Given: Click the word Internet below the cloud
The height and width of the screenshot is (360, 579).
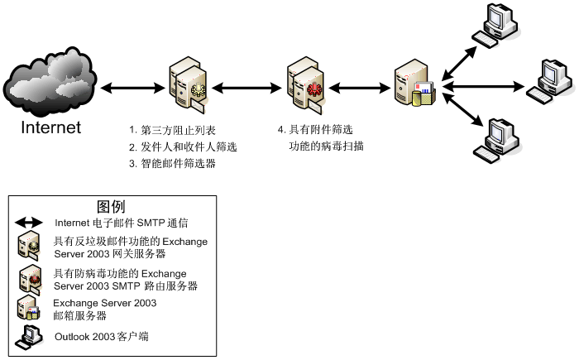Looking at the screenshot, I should (51, 127).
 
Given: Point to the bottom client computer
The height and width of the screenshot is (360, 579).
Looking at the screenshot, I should (500, 138).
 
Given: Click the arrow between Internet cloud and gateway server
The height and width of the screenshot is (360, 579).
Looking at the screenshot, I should (128, 86).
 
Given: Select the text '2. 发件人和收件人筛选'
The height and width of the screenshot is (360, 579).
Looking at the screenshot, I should (183, 146).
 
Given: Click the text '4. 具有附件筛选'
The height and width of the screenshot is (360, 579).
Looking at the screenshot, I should (315, 130).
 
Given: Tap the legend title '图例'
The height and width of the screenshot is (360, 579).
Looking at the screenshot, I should (111, 206).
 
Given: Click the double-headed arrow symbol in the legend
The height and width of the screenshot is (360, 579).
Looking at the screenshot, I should (29, 223).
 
